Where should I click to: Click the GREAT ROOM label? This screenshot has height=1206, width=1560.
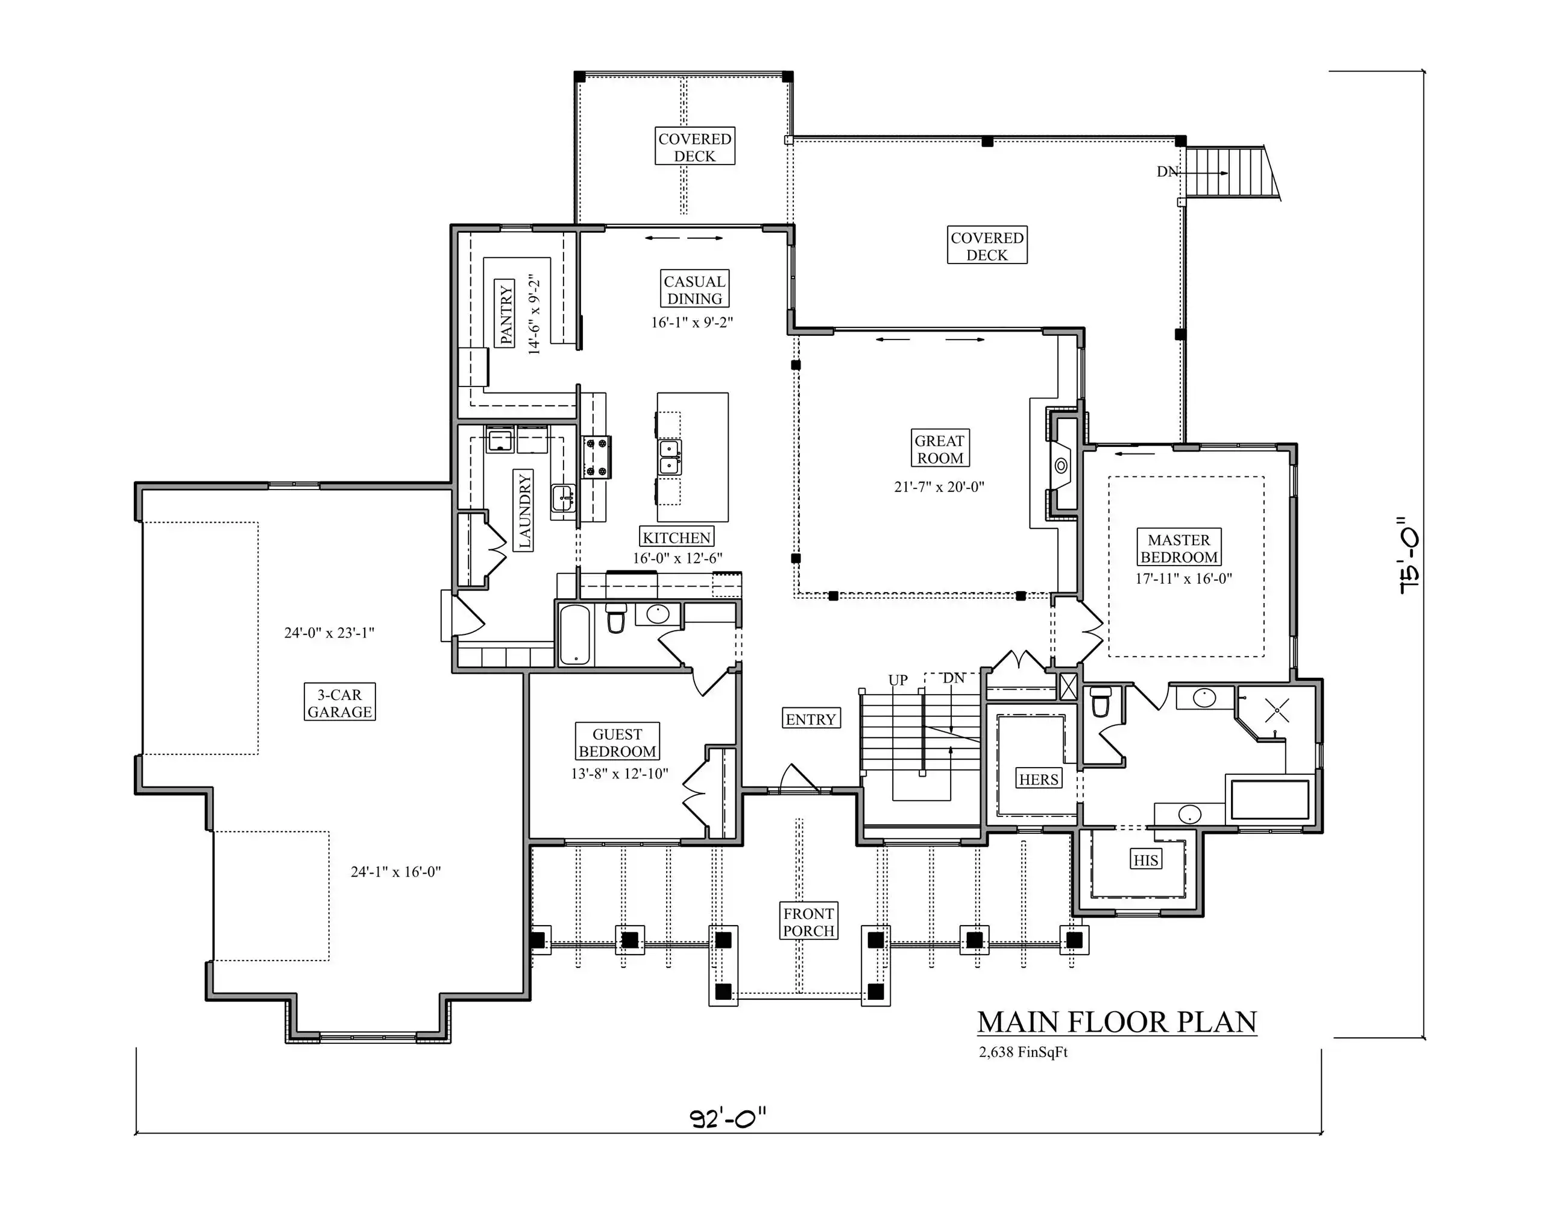click(939, 449)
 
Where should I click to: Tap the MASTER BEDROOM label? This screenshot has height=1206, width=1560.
click(1178, 548)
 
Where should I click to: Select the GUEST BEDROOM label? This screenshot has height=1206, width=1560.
click(617, 742)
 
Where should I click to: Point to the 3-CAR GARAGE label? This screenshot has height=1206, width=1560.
click(339, 703)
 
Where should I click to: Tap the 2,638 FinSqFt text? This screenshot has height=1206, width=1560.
click(1023, 1052)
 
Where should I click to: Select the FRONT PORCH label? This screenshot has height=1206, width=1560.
click(808, 921)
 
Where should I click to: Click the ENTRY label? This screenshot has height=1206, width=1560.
click(811, 719)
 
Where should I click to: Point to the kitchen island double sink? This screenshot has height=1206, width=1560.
click(669, 457)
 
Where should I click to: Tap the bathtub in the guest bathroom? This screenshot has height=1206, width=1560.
click(575, 634)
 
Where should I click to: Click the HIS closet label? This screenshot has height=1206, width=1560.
click(1146, 859)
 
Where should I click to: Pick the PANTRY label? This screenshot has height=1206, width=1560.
click(506, 314)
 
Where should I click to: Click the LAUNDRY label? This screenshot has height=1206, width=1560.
click(524, 511)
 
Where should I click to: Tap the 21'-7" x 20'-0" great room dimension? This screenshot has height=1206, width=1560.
click(939, 487)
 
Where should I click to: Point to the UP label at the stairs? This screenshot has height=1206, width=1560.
click(898, 680)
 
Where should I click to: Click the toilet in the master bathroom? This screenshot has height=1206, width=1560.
click(1101, 702)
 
